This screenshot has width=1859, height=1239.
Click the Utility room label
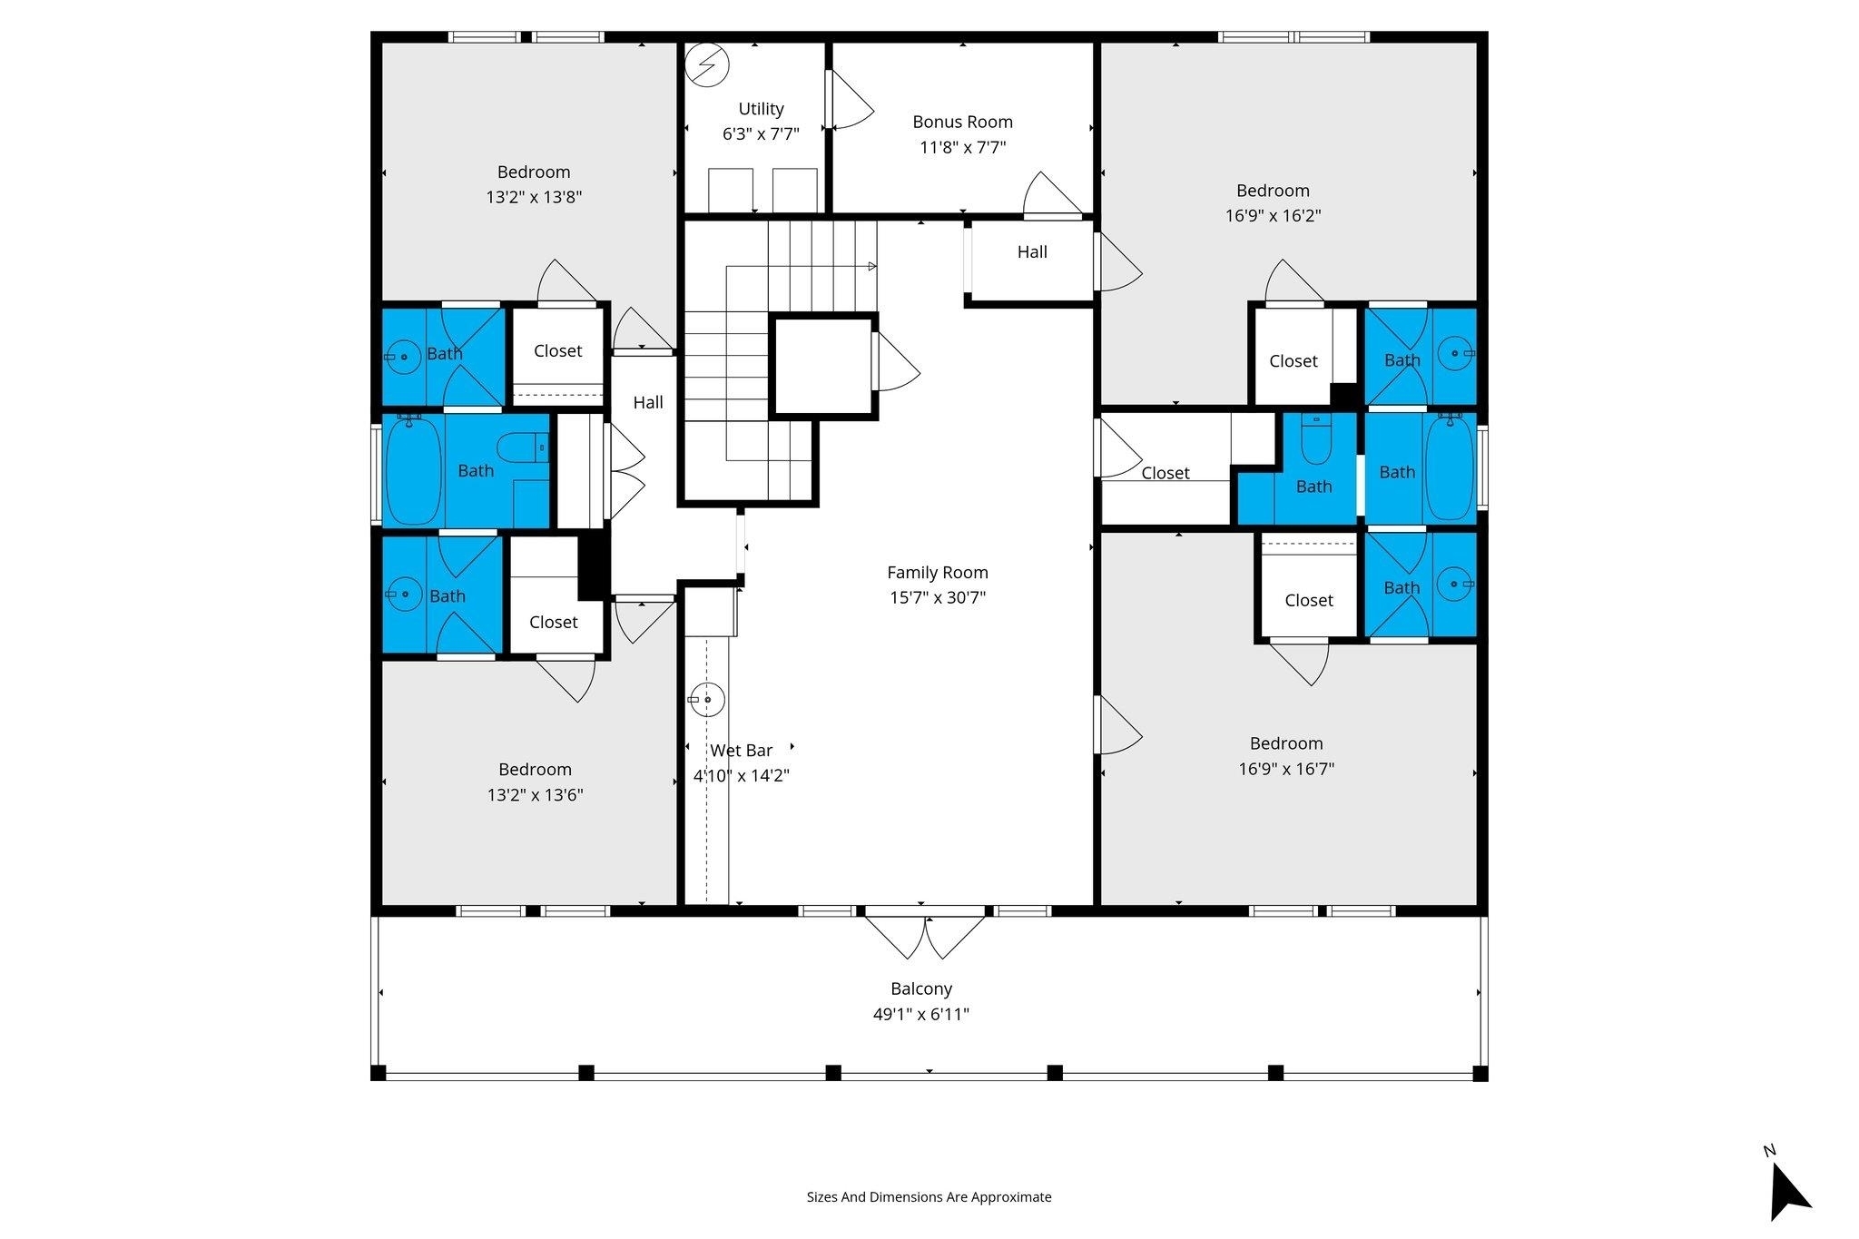(x=761, y=109)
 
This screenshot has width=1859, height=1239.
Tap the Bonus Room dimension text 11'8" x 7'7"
(x=962, y=147)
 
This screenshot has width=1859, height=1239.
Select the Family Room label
(x=938, y=573)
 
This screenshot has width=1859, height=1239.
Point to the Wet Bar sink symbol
(x=706, y=699)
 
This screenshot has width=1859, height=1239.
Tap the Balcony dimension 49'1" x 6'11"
(x=921, y=1014)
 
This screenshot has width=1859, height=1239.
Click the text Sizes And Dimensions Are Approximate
(x=929, y=1197)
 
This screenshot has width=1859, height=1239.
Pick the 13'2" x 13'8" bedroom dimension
(x=534, y=197)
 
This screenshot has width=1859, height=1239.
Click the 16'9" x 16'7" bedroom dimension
(x=1286, y=769)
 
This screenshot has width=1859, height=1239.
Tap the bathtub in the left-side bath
(x=414, y=470)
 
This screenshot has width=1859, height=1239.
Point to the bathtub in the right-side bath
(x=1450, y=470)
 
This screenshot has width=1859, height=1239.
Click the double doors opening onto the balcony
(x=924, y=936)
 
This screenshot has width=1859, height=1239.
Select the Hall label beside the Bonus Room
(x=1032, y=252)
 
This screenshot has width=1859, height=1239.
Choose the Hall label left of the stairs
(x=648, y=402)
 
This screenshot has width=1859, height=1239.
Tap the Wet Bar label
(x=742, y=751)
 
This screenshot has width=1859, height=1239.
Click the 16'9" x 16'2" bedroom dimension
(x=1273, y=216)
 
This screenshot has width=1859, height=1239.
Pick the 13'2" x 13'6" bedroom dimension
(x=535, y=795)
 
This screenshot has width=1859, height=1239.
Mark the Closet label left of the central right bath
(x=1166, y=473)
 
